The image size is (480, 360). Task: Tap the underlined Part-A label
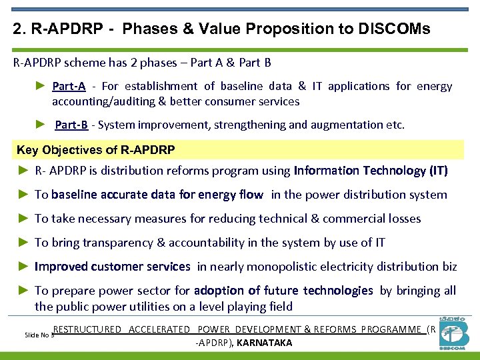click(x=69, y=86)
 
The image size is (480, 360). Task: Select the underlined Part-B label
click(x=71, y=125)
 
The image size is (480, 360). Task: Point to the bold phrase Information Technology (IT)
click(x=371, y=171)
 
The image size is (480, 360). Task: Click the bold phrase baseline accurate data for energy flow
click(x=158, y=195)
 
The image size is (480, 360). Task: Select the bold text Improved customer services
click(x=113, y=267)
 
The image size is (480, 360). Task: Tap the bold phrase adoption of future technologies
click(x=283, y=291)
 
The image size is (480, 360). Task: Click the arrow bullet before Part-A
click(x=39, y=86)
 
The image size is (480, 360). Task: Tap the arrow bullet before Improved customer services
click(x=23, y=267)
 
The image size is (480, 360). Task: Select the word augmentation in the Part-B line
click(x=350, y=125)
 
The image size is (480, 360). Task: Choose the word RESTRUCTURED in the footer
click(x=87, y=329)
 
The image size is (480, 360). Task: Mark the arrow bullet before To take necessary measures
click(x=23, y=219)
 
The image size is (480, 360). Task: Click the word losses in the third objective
click(x=404, y=219)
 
